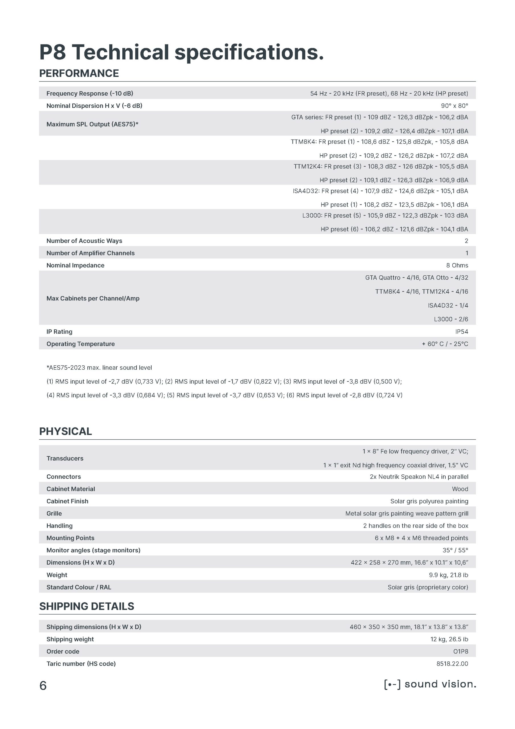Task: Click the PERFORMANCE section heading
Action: coord(79,73)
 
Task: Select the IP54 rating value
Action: coord(462,331)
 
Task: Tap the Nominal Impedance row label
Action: coord(75,265)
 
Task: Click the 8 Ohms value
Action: coord(457,265)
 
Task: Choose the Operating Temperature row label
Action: coord(81,344)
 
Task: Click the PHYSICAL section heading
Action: coord(65,431)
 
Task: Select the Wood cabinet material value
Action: coord(460,489)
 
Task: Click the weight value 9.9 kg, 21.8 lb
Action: coord(448,575)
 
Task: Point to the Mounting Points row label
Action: coord(71,538)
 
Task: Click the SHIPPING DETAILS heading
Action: coord(86,606)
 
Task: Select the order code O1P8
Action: coord(460,652)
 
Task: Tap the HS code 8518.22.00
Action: coord(452,664)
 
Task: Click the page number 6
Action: coord(43,686)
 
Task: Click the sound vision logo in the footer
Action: coord(430,684)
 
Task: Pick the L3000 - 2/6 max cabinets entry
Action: coord(451,319)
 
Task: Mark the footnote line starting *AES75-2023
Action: coord(99,368)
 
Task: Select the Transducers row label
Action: coord(65,458)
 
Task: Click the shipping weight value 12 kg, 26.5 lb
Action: coord(449,639)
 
